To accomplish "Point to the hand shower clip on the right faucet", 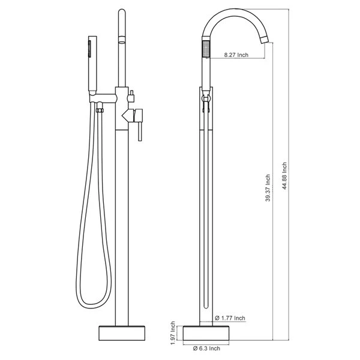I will coord(206,99).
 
